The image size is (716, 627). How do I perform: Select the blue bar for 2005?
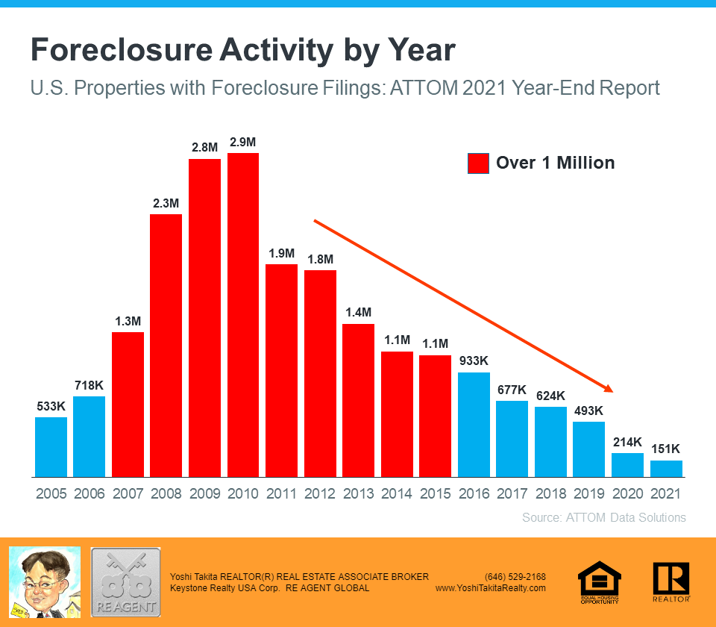click(x=51, y=446)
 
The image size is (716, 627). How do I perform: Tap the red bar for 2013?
click(x=358, y=400)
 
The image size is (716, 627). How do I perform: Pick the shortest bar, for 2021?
click(x=666, y=469)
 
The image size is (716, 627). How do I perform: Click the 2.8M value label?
click(x=204, y=147)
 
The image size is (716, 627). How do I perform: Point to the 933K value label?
click(x=474, y=361)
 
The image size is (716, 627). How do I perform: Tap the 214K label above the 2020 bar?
click(x=627, y=442)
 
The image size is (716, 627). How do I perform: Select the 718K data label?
click(x=89, y=385)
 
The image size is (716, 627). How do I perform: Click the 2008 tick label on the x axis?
click(x=166, y=493)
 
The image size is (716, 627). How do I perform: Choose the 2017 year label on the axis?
click(x=512, y=493)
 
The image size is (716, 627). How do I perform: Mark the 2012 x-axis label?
click(x=320, y=493)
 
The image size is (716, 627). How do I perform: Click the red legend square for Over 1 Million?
click(x=478, y=163)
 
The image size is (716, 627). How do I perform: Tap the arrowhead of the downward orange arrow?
click(x=608, y=388)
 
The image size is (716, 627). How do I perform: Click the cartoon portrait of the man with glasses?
click(x=44, y=581)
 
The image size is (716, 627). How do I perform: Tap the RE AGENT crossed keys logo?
click(x=125, y=581)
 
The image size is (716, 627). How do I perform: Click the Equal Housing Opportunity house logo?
click(x=600, y=581)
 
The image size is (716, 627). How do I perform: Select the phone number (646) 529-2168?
click(x=515, y=576)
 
